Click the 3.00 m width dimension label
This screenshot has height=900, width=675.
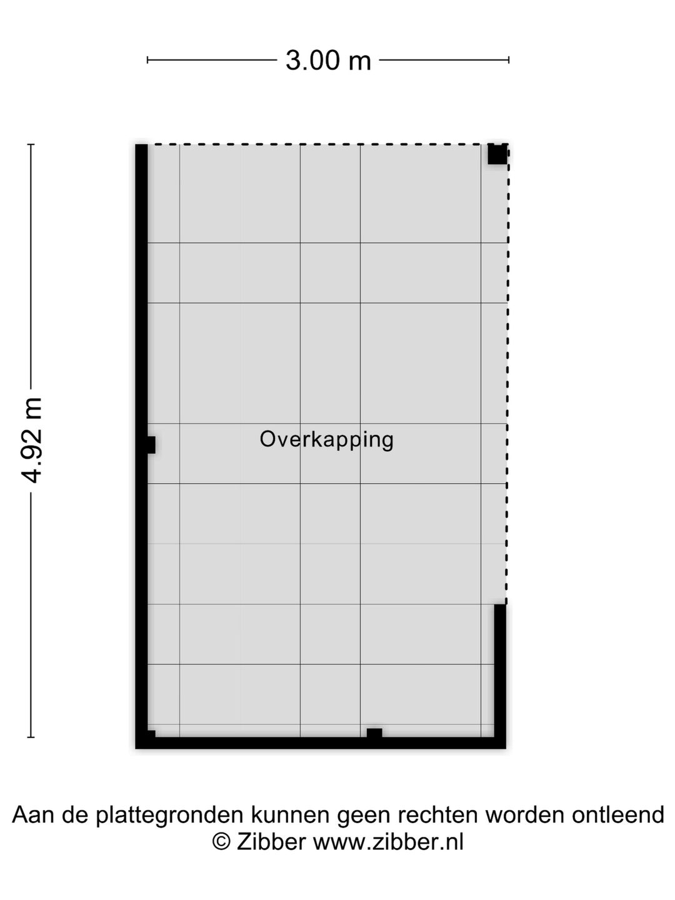point(328,61)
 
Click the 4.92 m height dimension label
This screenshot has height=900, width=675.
point(31,440)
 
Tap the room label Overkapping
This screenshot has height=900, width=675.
point(326,439)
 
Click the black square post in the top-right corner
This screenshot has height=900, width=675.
point(497,154)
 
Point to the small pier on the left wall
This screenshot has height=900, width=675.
point(150,445)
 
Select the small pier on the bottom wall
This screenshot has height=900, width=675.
point(374,734)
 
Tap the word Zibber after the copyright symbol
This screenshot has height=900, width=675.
point(271,842)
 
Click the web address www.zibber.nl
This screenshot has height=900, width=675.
point(388,842)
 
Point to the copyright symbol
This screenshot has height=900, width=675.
point(221,842)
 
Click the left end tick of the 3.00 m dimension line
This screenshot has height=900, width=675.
point(147,60)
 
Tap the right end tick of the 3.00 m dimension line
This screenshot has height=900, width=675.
point(509,60)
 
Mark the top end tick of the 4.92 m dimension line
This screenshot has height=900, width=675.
point(31,144)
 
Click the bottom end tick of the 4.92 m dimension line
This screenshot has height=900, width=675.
point(31,737)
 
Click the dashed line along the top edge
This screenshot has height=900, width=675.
point(319,144)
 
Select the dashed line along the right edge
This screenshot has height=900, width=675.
point(507,375)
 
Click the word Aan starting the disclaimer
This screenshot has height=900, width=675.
point(31,815)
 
